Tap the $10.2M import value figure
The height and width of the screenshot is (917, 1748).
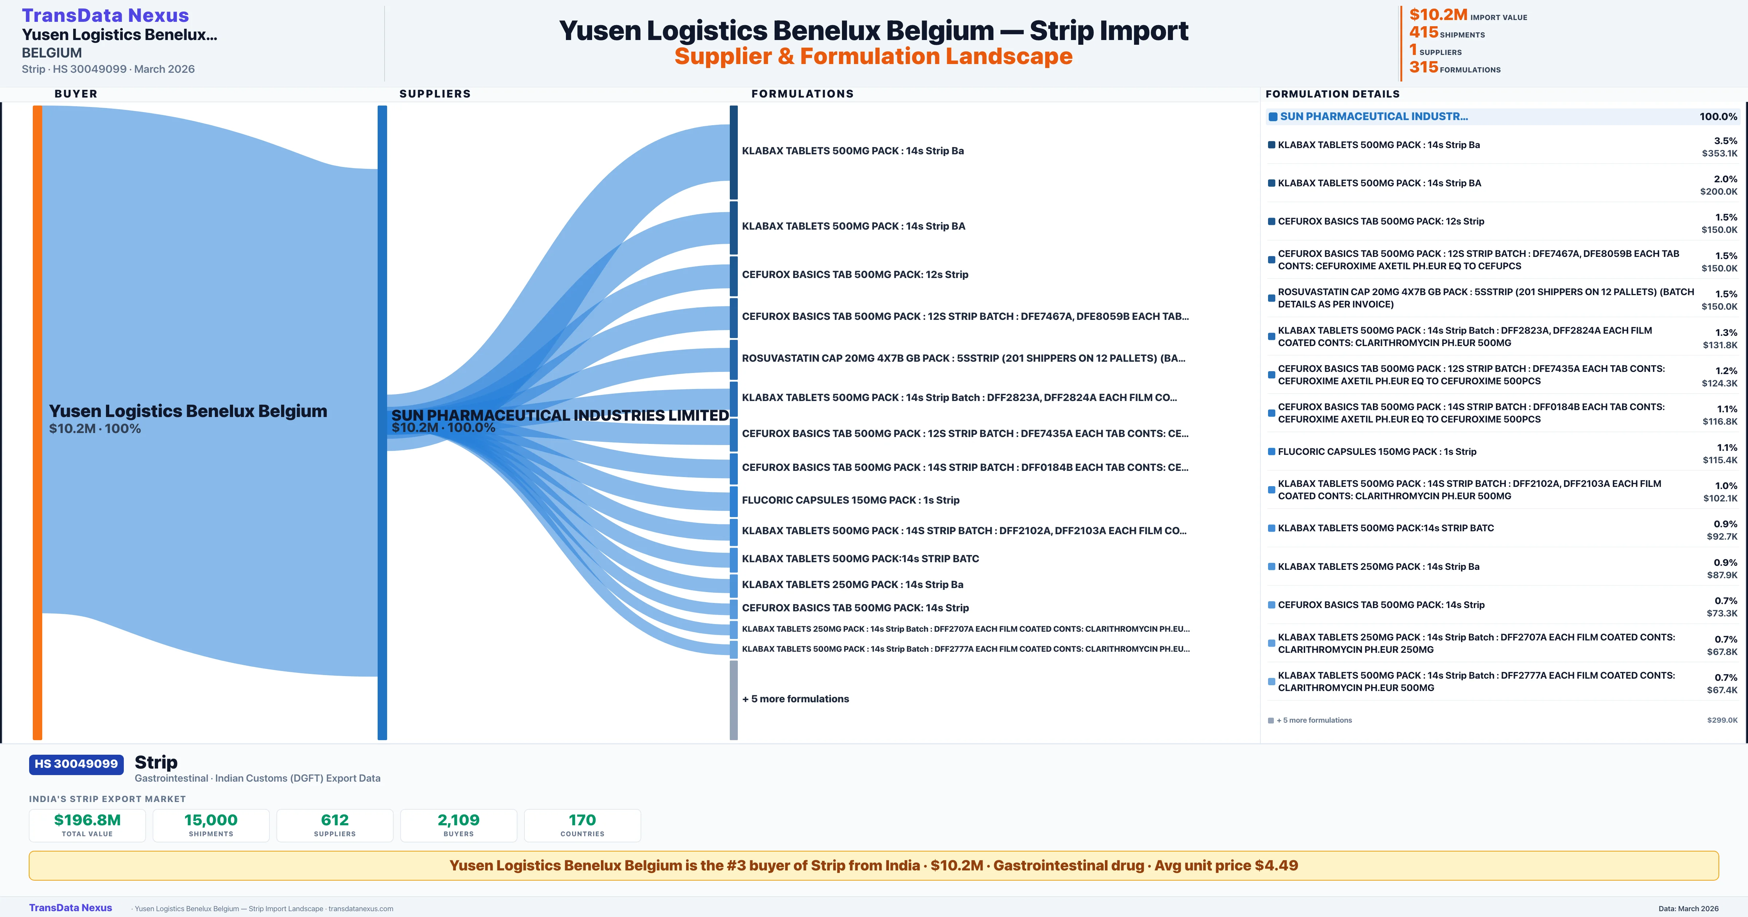click(1438, 15)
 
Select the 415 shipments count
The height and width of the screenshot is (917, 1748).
click(1424, 32)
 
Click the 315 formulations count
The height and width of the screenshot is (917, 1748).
click(1424, 67)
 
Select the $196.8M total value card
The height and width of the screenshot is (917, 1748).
click(87, 825)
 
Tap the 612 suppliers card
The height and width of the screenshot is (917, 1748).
click(335, 825)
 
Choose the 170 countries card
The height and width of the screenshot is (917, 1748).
click(582, 825)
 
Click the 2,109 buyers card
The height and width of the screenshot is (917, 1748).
click(459, 825)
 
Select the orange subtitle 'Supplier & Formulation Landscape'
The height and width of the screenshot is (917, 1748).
click(873, 56)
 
